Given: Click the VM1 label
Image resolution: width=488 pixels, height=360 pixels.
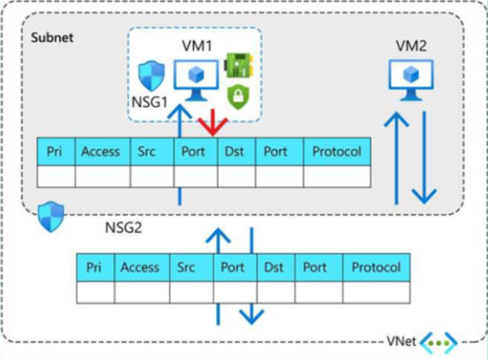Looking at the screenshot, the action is (x=197, y=46).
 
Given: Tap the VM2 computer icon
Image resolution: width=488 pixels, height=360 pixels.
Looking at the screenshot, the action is (x=411, y=80).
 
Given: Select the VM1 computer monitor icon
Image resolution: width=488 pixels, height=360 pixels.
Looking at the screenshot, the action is (x=196, y=80).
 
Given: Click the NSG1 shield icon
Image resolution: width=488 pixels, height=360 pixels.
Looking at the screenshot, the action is (x=151, y=76).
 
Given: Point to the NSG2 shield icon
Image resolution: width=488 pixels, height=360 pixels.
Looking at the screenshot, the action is (x=51, y=216).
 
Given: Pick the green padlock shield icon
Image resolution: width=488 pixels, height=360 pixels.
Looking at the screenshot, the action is (x=238, y=96).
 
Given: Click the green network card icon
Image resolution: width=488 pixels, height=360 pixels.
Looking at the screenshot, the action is (x=239, y=65).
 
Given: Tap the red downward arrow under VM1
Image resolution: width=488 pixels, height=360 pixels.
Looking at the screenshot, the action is (x=213, y=122).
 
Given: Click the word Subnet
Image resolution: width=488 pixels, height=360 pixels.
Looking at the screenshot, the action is (x=52, y=38).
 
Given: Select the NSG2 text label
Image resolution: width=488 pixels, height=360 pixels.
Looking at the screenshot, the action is (x=123, y=228).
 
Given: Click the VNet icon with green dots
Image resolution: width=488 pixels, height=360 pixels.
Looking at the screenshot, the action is (x=439, y=343).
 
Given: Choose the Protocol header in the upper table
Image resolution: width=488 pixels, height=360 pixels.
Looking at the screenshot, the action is (x=337, y=152).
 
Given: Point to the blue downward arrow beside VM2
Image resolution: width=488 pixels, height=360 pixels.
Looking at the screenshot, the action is (x=425, y=157).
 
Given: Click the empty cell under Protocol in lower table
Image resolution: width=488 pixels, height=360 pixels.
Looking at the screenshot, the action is (x=376, y=292).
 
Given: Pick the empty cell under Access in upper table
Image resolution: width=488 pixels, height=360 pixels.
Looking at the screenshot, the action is (x=103, y=176).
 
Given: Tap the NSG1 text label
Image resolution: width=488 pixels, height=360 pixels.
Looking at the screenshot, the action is (x=149, y=102).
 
